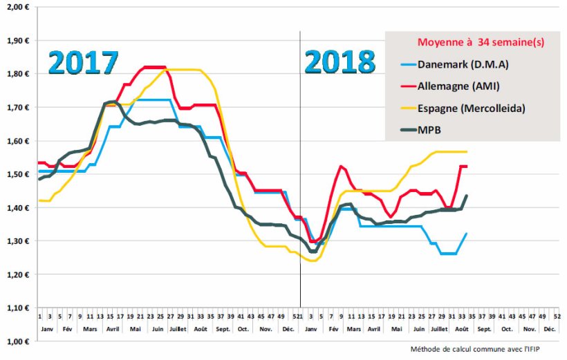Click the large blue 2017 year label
83,63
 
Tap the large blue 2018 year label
340,63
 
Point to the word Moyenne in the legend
439,42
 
